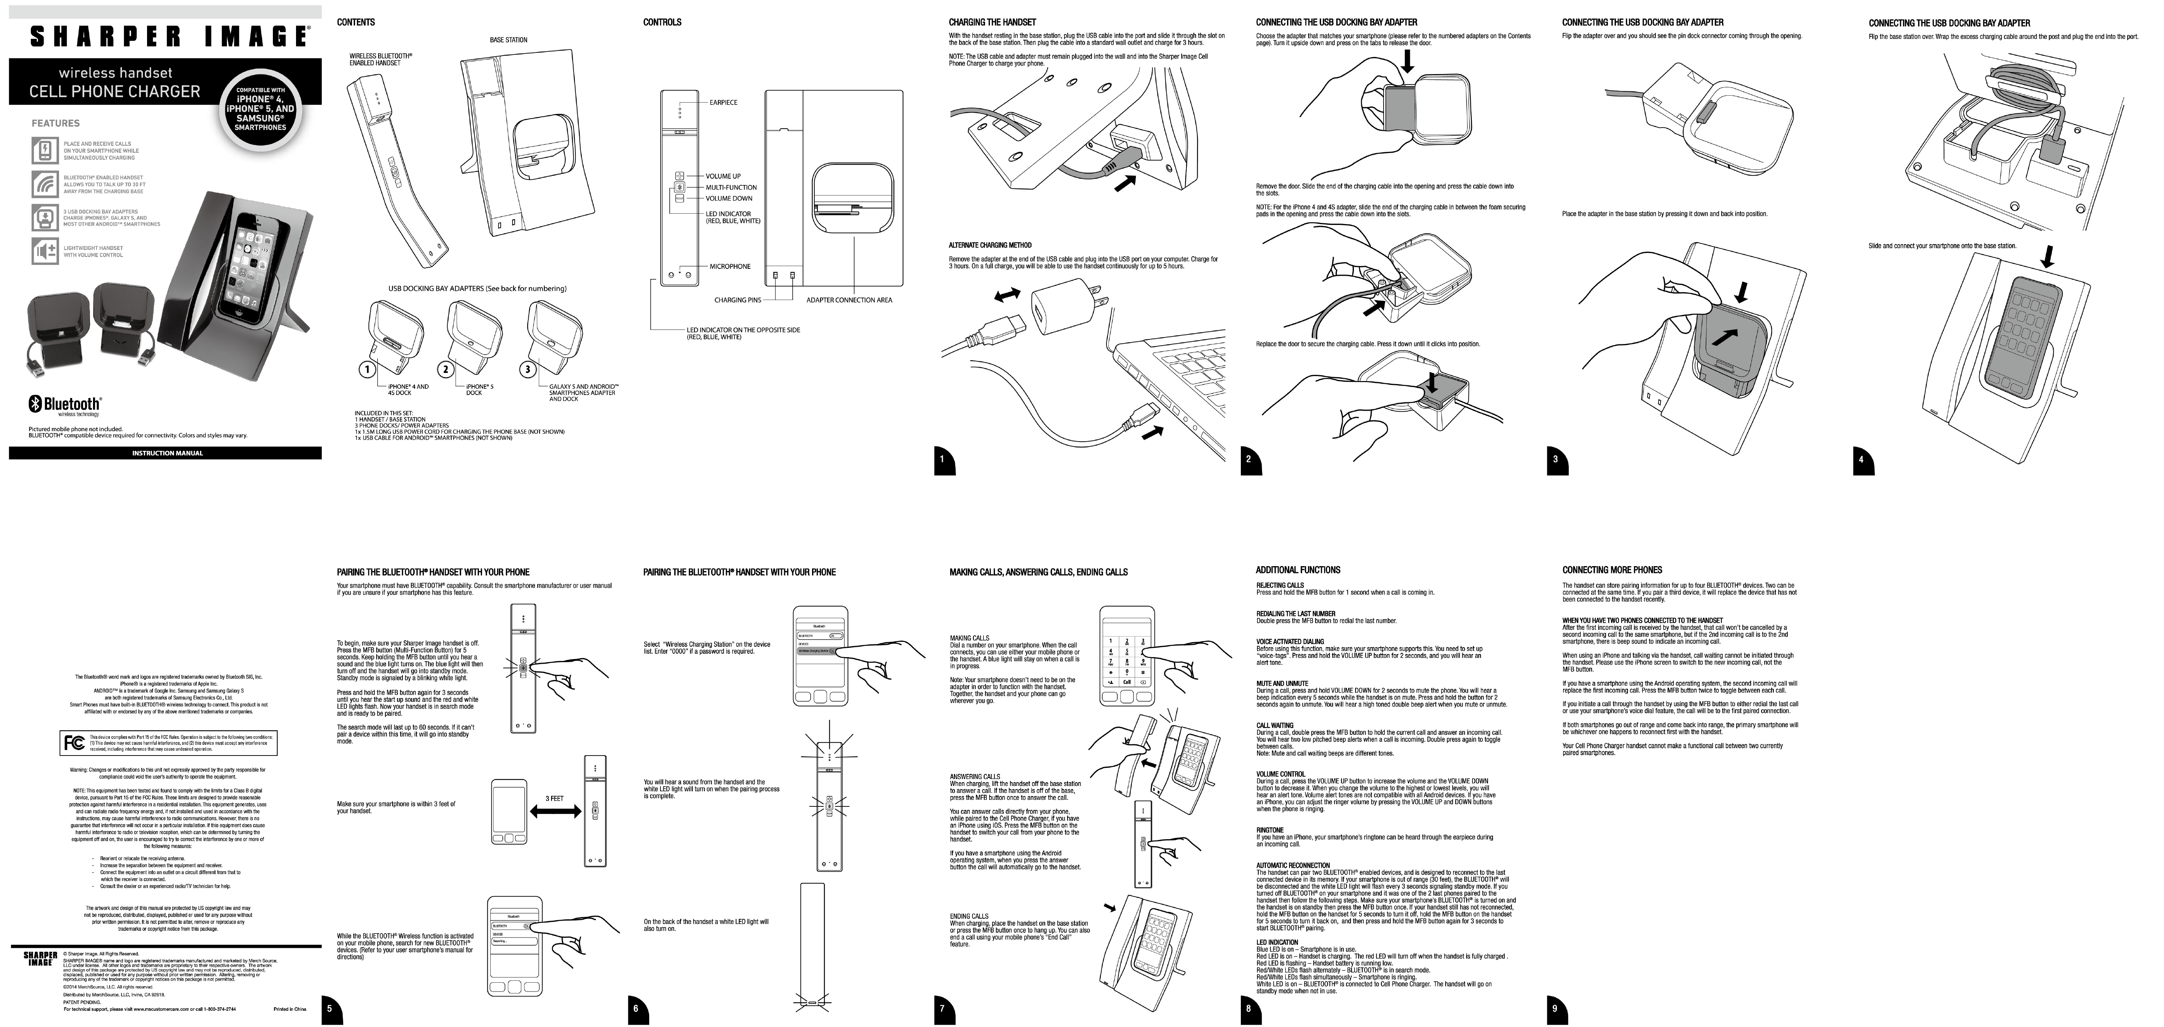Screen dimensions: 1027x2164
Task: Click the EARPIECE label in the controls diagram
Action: [723, 103]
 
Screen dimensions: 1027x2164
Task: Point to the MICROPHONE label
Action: [730, 266]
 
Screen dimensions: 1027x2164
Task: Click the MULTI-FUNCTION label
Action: [731, 187]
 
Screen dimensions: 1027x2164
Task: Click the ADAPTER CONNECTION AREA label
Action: [849, 300]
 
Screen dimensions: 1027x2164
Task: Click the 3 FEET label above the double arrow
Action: [555, 798]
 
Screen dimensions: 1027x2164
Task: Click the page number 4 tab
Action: [1861, 459]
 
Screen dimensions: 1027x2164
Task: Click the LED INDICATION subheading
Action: [1277, 942]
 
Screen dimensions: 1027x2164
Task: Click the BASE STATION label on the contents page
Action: [508, 39]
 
